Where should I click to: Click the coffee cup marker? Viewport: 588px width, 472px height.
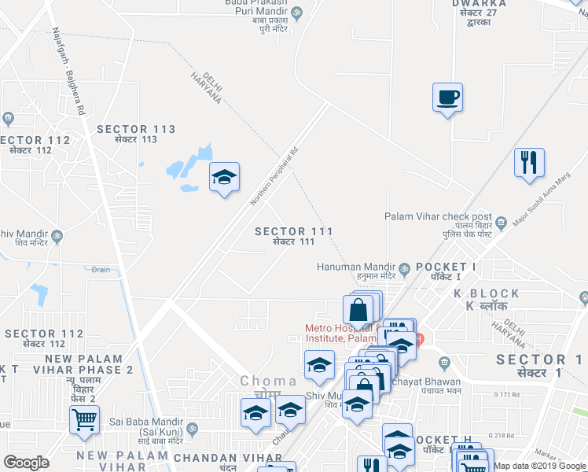pyautogui.click(x=447, y=98)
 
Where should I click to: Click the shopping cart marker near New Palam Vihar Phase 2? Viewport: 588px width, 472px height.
pyautogui.click(x=84, y=419)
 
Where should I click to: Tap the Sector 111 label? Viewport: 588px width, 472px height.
pyautogui.click(x=294, y=236)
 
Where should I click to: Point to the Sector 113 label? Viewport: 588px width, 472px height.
pyautogui.click(x=135, y=134)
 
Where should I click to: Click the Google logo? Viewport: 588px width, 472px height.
pyautogui.click(x=26, y=463)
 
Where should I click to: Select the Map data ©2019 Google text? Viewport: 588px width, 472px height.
pyautogui.click(x=540, y=466)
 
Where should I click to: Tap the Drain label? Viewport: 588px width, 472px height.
pyautogui.click(x=100, y=269)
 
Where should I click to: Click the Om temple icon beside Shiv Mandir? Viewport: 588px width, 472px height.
pyautogui.click(x=57, y=234)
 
